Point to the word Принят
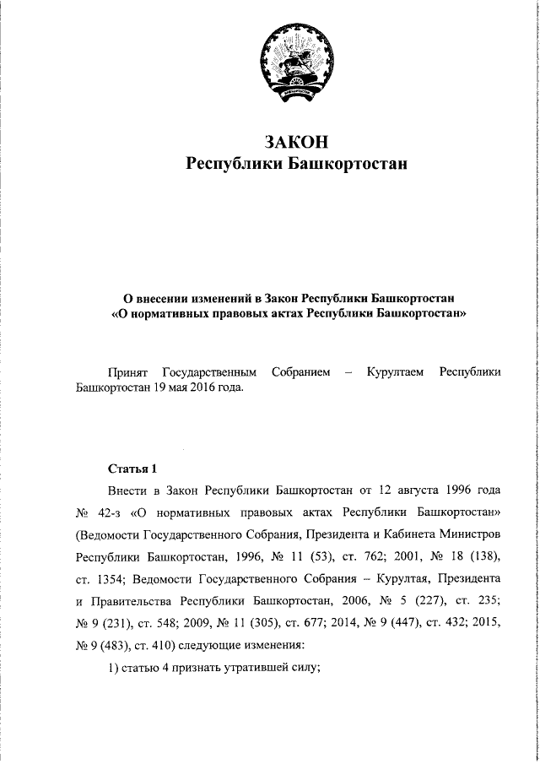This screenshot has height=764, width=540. pyautogui.click(x=128, y=371)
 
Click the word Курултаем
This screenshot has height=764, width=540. pyautogui.click(x=397, y=371)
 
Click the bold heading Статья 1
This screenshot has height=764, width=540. pyautogui.click(x=133, y=469)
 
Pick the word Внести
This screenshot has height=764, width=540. pyautogui.click(x=127, y=490)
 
